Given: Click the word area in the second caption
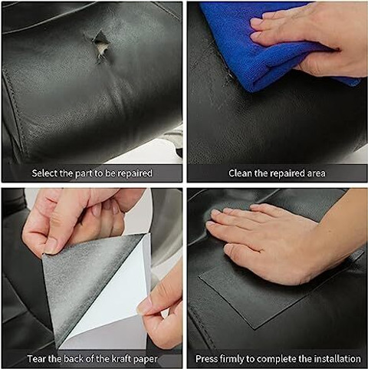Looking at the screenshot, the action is [x=317, y=173].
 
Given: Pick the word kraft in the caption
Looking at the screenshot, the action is [x=122, y=359].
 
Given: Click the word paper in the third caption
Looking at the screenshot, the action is [x=146, y=360].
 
